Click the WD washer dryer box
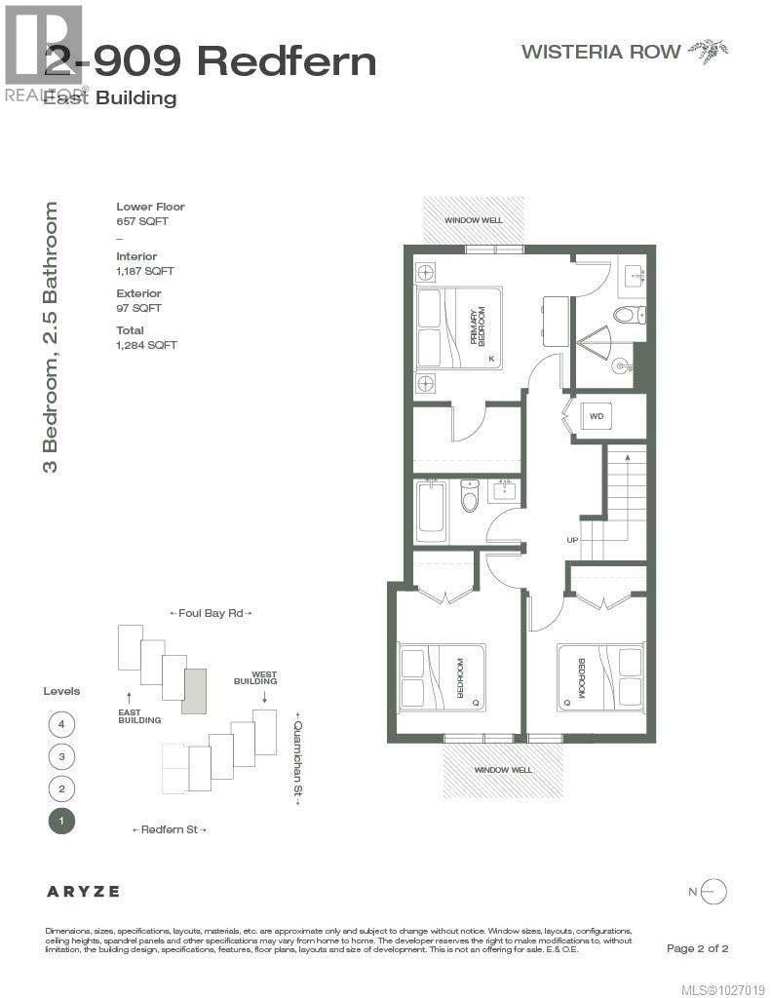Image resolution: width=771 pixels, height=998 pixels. coord(597,416)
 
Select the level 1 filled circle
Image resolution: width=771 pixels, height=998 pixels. coord(61,821)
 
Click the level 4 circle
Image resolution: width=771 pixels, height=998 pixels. coord(61,724)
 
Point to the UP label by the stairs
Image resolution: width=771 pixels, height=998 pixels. coord(572,540)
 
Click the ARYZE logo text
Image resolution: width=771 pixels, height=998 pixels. coord(84,891)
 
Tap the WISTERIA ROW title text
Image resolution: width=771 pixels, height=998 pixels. coord(600,52)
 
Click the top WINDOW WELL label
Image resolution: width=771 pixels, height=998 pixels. coord(474,220)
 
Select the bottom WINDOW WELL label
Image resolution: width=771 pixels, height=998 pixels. coord(503,770)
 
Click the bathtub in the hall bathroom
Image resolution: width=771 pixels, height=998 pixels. coord(432,512)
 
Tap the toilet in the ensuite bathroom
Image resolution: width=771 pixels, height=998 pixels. coord(623,314)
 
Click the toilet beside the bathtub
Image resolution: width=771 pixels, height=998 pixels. coord(470,498)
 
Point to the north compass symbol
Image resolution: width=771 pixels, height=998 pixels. coord(713,891)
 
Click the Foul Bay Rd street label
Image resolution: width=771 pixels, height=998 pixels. coord(211,613)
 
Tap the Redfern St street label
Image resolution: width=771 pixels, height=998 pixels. coord(169,829)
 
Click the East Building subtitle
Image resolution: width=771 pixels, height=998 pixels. coord(110,98)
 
